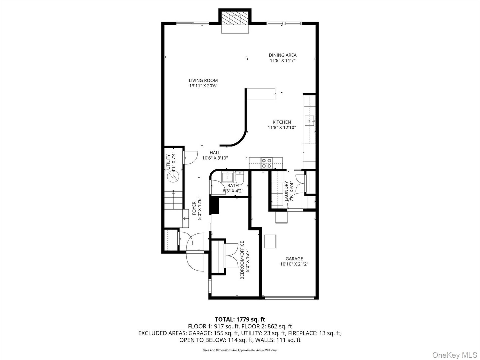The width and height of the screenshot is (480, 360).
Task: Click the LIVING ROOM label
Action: (x=203, y=80)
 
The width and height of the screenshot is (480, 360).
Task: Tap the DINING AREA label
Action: (x=283, y=55)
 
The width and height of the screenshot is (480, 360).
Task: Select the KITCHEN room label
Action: (x=282, y=122)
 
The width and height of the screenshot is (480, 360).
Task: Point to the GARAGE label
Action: (x=294, y=259)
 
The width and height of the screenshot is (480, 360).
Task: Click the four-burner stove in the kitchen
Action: (x=267, y=163)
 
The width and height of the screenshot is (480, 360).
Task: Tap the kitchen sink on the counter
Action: (x=309, y=120)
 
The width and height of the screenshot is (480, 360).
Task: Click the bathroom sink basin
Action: (x=228, y=177)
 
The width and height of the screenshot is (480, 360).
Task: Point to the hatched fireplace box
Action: (x=235, y=18)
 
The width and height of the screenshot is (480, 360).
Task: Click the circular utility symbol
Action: (x=173, y=176)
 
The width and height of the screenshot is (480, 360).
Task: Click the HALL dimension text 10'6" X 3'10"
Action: (x=215, y=158)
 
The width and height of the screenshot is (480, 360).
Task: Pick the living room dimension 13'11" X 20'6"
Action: (x=203, y=86)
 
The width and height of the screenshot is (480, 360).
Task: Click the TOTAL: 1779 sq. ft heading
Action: (x=240, y=319)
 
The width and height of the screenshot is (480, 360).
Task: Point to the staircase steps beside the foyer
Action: (x=173, y=200)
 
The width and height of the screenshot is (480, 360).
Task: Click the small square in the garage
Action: (x=270, y=241)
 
